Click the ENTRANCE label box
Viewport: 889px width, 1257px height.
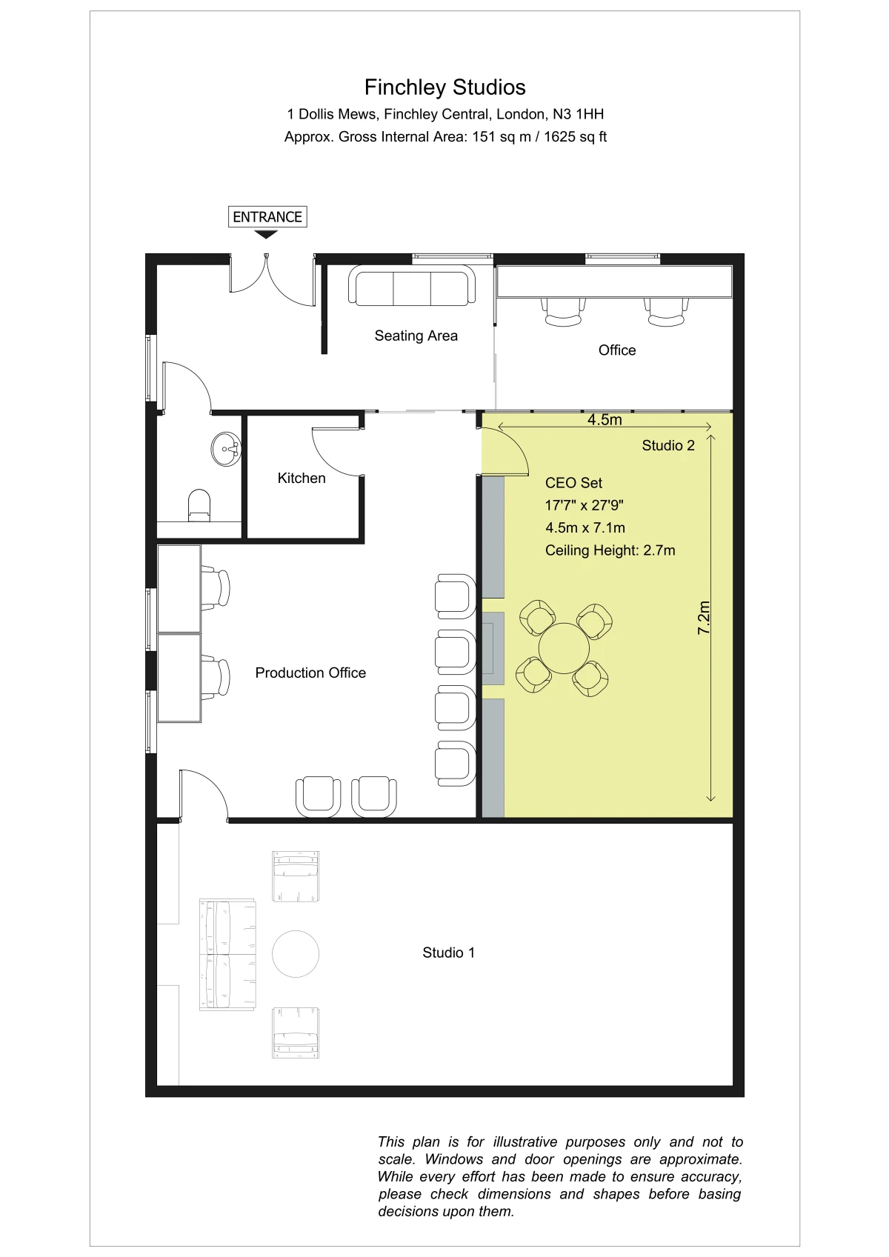coord(267,216)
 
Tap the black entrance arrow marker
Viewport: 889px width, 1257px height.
coord(266,235)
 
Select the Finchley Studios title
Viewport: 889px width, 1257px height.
coord(445,87)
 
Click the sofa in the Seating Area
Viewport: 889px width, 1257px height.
coord(412,286)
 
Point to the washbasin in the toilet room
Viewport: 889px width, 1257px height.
coord(226,449)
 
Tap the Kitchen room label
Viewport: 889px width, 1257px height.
coord(302,478)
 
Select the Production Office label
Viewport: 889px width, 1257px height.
coord(310,673)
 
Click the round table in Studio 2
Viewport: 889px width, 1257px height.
coord(564,648)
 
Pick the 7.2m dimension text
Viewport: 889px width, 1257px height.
coord(704,618)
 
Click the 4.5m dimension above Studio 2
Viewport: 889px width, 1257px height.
coord(605,420)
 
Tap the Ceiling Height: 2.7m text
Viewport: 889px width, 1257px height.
coord(610,550)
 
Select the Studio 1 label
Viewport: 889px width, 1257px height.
coord(448,953)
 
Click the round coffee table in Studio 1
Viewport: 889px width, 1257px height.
coord(296,954)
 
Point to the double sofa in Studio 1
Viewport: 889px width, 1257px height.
coord(227,955)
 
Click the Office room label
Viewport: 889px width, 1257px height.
coord(617,350)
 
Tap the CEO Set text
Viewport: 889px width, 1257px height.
coord(573,483)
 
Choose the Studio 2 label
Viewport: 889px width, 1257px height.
coord(668,446)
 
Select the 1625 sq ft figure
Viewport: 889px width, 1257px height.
coord(575,137)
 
